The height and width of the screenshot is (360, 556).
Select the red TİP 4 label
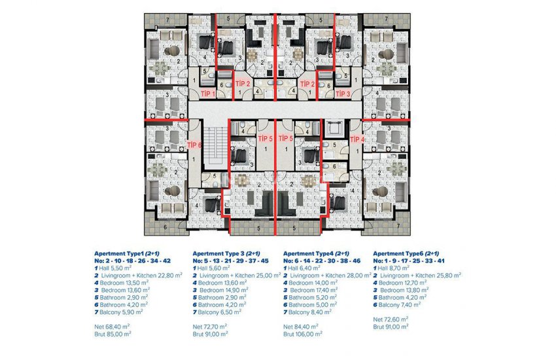357,139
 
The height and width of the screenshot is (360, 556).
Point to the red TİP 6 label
194,145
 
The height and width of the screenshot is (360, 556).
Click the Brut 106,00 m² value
304,333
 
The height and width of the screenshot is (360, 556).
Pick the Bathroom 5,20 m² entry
309,298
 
